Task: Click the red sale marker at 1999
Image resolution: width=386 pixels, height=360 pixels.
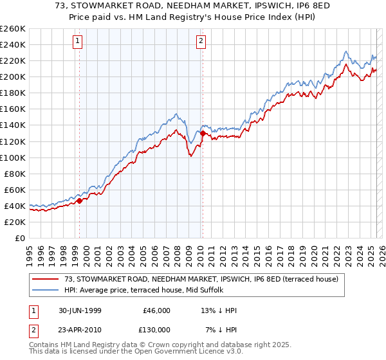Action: [80, 201]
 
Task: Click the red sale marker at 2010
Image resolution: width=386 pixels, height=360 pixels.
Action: [203, 133]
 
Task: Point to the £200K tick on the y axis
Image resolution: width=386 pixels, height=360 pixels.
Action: [13, 76]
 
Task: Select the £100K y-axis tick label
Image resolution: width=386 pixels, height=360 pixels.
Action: [13, 157]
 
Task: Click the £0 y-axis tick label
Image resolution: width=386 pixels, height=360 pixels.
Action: [20, 238]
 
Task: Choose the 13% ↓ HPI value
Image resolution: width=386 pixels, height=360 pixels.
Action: [219, 310]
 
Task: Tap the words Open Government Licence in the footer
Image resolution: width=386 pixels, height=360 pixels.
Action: [180, 353]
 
